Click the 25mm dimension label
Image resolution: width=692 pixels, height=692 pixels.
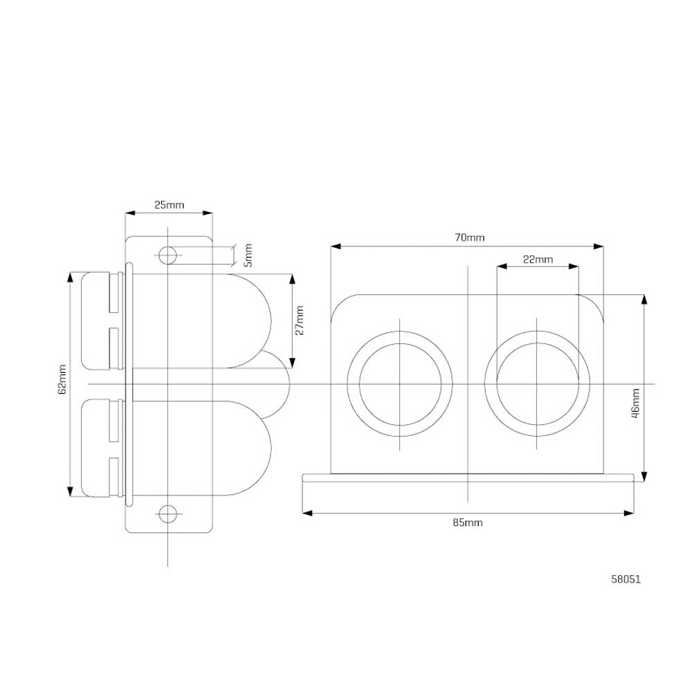point(169,205)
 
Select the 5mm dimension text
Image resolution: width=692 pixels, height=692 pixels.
point(248,255)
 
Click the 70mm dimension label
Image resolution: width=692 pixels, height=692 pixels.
point(470,237)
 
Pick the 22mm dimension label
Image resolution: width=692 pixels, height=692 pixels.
point(538,259)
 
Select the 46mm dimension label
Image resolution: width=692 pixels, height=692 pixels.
point(635,402)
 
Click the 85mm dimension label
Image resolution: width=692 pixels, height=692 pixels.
point(468,522)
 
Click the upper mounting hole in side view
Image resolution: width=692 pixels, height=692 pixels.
point(167,255)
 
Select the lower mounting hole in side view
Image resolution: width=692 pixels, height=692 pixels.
point(167,513)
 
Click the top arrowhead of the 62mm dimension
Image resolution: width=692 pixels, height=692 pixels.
point(70,277)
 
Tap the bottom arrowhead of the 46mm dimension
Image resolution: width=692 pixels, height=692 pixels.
point(644,476)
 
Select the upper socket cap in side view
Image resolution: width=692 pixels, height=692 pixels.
point(101,320)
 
